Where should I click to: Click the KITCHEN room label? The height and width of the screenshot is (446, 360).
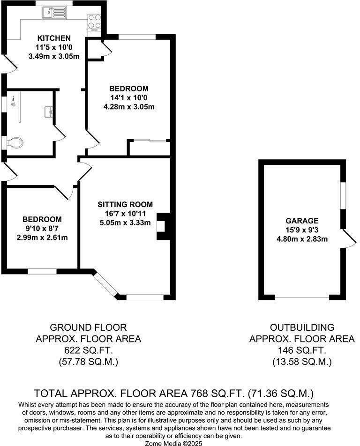(x=54, y=38)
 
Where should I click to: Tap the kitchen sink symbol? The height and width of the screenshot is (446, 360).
(x=54, y=13)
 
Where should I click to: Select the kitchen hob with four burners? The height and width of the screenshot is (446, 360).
(x=95, y=22)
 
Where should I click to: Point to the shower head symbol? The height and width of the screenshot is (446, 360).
(x=13, y=101)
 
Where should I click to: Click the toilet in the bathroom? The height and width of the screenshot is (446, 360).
(x=14, y=142)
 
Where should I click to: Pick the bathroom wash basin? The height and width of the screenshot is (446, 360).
(x=49, y=111)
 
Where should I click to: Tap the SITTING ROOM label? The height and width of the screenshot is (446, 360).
(x=125, y=205)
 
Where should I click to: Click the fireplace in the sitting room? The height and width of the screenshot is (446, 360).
(x=163, y=226)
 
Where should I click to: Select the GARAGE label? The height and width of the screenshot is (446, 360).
(x=302, y=221)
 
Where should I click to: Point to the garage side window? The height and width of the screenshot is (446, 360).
(x=343, y=196)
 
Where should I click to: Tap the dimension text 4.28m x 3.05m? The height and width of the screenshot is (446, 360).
(x=129, y=107)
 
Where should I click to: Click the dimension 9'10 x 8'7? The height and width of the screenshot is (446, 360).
(x=42, y=229)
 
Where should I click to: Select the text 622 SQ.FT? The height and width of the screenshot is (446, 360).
(x=88, y=350)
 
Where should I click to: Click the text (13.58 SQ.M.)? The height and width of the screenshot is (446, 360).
(x=302, y=362)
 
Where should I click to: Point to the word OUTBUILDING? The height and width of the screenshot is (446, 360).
(x=302, y=327)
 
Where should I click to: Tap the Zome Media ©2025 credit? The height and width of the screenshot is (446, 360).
(x=173, y=443)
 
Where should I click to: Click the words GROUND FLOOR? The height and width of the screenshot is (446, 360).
(x=88, y=327)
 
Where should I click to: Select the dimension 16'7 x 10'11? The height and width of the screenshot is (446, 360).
(x=125, y=214)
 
